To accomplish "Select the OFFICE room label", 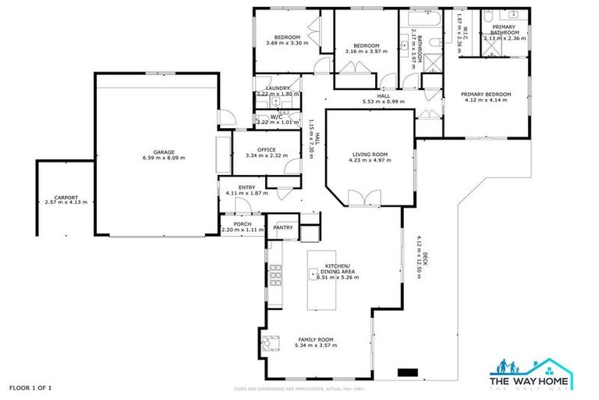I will [267, 149].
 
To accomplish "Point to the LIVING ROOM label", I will [370, 155].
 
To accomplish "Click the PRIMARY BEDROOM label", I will [487, 95].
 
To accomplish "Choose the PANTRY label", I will [283, 227].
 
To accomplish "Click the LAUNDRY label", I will [278, 88].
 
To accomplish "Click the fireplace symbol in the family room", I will [270, 341].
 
